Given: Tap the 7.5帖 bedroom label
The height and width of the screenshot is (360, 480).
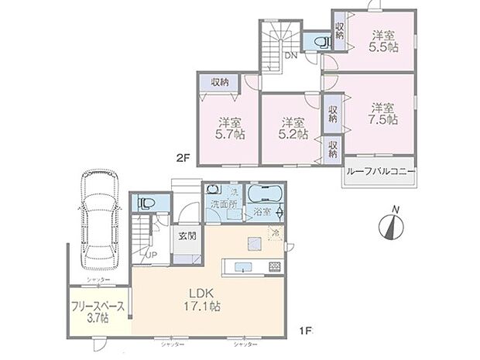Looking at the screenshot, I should (382, 115).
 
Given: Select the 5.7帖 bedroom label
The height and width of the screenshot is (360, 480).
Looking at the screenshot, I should (228, 129).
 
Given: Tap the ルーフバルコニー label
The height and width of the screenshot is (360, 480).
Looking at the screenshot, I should (379, 173).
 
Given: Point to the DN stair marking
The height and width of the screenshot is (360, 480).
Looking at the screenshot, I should (291, 56).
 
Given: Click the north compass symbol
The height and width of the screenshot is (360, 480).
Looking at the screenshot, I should (393, 225).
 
